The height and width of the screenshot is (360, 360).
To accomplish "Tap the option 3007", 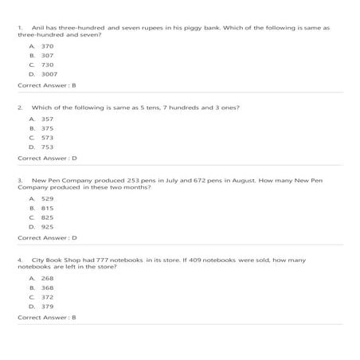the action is click(x=49, y=74).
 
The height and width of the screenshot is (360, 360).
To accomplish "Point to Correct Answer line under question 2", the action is click(x=47, y=158).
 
